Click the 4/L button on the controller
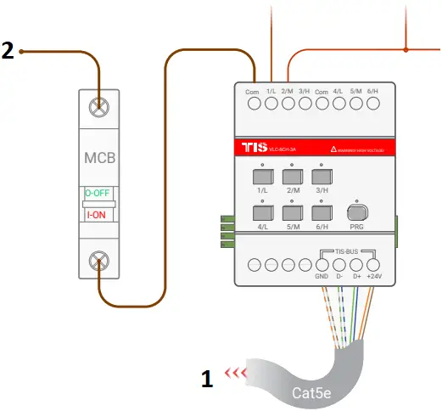[x=262, y=212]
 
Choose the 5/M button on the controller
[x=294, y=212]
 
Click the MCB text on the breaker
[x=101, y=159]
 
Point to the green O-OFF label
[x=101, y=193]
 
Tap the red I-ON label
[x=101, y=215]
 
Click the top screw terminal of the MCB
[x=101, y=108]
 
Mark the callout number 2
[x=8, y=52]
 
